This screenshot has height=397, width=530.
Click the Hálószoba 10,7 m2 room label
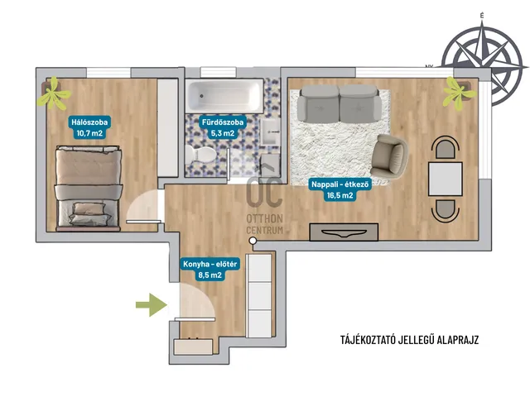click(x=89, y=127)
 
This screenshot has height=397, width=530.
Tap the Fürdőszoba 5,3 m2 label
click(x=223, y=127)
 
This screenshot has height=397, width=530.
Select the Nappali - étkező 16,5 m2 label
click(x=340, y=189)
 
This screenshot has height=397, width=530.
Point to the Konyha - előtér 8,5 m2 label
click(x=210, y=270)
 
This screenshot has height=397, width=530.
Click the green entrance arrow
click(x=152, y=305)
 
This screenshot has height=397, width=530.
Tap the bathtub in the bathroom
click(x=224, y=96)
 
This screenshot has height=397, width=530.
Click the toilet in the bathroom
click(x=200, y=155)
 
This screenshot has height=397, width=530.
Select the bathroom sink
click(x=271, y=132)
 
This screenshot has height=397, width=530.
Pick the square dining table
click(x=446, y=179)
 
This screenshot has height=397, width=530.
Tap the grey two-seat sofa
click(x=339, y=104)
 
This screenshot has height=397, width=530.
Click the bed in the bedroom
click(x=89, y=189)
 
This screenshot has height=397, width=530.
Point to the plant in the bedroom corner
click(x=53, y=93)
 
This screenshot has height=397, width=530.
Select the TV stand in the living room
click(x=344, y=232)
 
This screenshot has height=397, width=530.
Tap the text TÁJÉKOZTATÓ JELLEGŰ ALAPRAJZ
click(x=409, y=340)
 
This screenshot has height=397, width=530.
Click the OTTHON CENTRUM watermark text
click(x=264, y=224)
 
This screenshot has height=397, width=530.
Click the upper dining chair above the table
click(x=446, y=148)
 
